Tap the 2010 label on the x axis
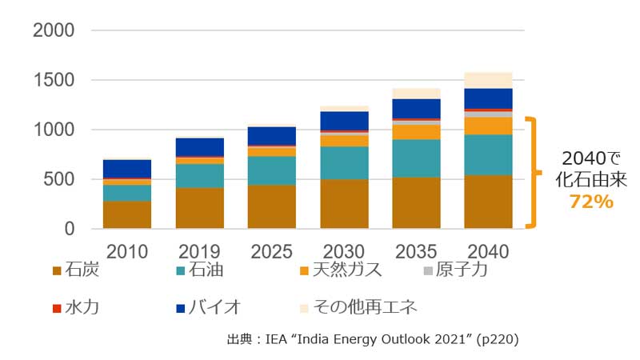click(127, 252)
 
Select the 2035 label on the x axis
click(416, 252)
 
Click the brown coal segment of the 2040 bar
click(488, 202)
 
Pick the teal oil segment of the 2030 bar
click(344, 162)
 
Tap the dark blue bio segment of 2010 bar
click(127, 169)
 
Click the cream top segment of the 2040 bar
click(488, 80)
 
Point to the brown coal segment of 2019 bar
click(199, 208)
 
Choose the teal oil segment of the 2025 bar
click(271, 170)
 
